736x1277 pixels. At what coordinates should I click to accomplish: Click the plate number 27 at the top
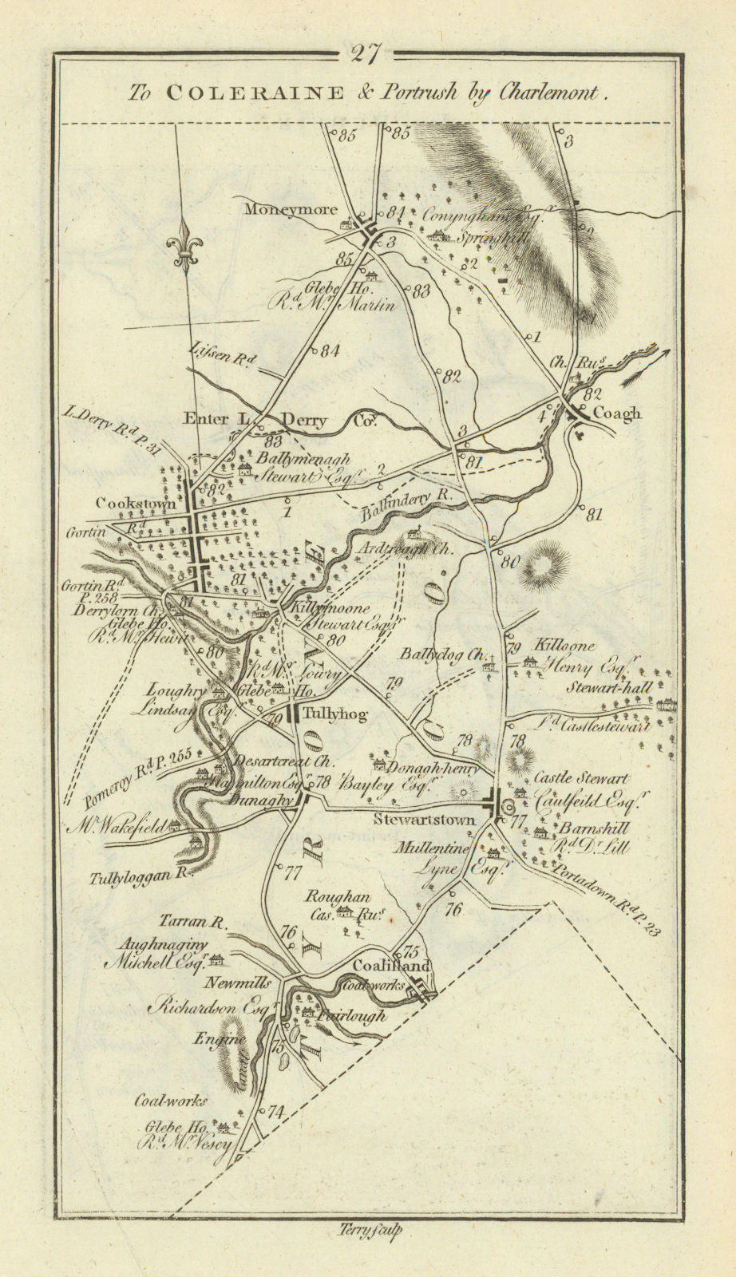tap(368, 54)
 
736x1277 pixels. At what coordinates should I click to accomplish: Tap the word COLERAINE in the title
tap(255, 93)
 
